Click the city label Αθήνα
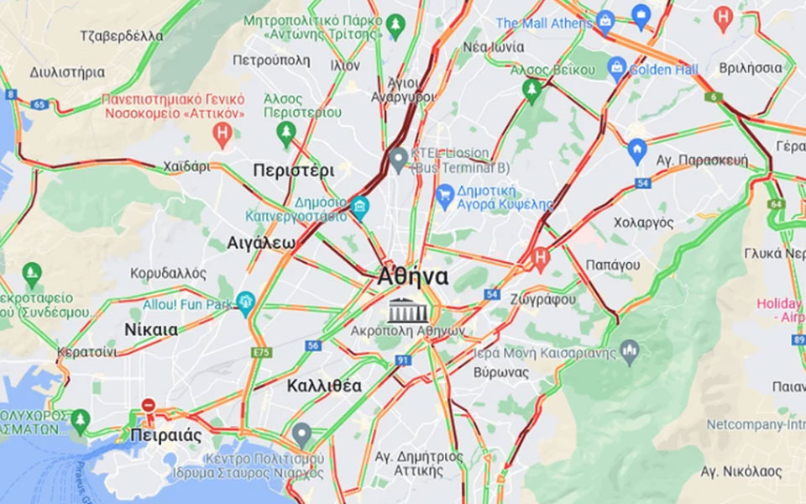coord(413,276)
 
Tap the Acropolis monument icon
coord(408,311)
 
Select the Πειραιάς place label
coord(166,435)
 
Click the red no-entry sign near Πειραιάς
coord(149,406)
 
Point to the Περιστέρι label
coord(293,170)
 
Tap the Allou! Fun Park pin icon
coord(245,302)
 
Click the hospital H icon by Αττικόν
coord(222,133)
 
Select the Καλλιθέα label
coord(324,386)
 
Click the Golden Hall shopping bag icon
coord(617,66)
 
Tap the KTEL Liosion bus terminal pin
coord(399,157)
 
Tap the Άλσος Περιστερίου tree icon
coord(286,131)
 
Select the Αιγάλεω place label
coord(261,243)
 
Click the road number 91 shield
coord(403,360)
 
